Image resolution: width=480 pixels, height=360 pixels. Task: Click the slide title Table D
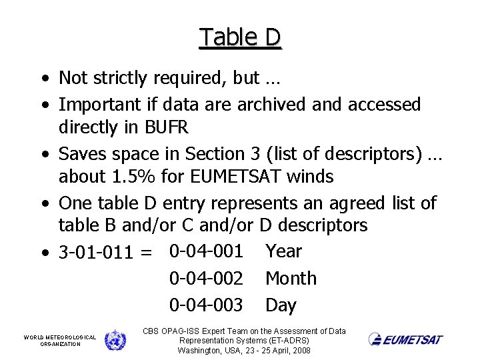tap(240, 37)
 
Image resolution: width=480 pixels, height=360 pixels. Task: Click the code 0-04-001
tap(206, 251)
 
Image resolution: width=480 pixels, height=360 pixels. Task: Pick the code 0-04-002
tap(206, 278)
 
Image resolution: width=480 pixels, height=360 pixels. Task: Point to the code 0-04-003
tap(206, 305)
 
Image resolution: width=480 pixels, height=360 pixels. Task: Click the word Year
tap(283, 251)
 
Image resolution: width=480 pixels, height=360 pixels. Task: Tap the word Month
tap(291, 278)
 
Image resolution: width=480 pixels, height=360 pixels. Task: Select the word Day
tap(281, 306)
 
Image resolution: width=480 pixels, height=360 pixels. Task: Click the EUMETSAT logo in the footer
tap(405, 340)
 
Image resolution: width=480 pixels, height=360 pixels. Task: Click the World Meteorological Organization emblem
tap(115, 340)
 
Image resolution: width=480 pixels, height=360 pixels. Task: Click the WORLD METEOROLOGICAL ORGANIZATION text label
tap(60, 340)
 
